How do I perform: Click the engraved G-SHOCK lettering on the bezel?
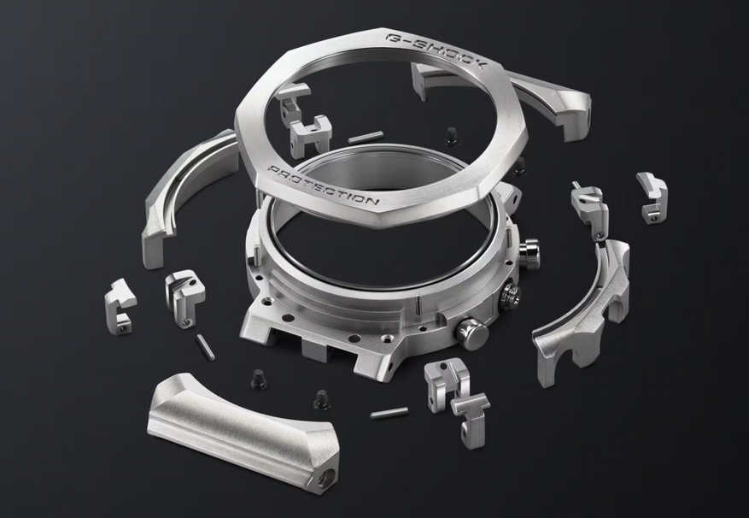tap(436, 50)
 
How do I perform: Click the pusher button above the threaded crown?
tap(529, 254)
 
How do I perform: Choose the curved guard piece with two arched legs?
tap(582, 311)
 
